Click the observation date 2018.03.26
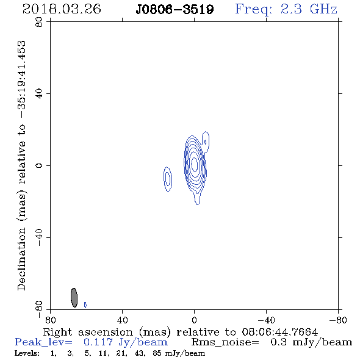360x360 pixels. pos(62,9)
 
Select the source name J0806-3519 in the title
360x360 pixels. pos(175,9)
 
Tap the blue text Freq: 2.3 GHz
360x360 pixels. pos(286,10)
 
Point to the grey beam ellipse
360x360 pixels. pos(74,298)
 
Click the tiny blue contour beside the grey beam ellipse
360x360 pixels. pos(85,304)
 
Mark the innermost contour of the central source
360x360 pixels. pos(195,164)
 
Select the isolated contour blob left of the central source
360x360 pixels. pos(168,179)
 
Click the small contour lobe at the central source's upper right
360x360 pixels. pos(206,142)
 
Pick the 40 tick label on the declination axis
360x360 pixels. pos(39,94)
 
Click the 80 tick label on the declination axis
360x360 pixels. pos(39,22)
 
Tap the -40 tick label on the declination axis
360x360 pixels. pos(39,237)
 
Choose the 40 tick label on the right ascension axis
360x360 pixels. pos(123,320)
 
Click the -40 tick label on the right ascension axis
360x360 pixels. pos(266,320)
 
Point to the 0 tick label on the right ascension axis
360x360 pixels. pos(194,320)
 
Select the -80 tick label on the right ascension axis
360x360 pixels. pos(338,320)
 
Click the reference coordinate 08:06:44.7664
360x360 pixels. pos(280,332)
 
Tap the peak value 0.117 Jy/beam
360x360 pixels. pos(126,342)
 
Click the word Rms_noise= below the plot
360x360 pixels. pos(225,342)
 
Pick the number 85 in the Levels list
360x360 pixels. pos(157,353)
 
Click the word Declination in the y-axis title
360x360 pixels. pos(21,259)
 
